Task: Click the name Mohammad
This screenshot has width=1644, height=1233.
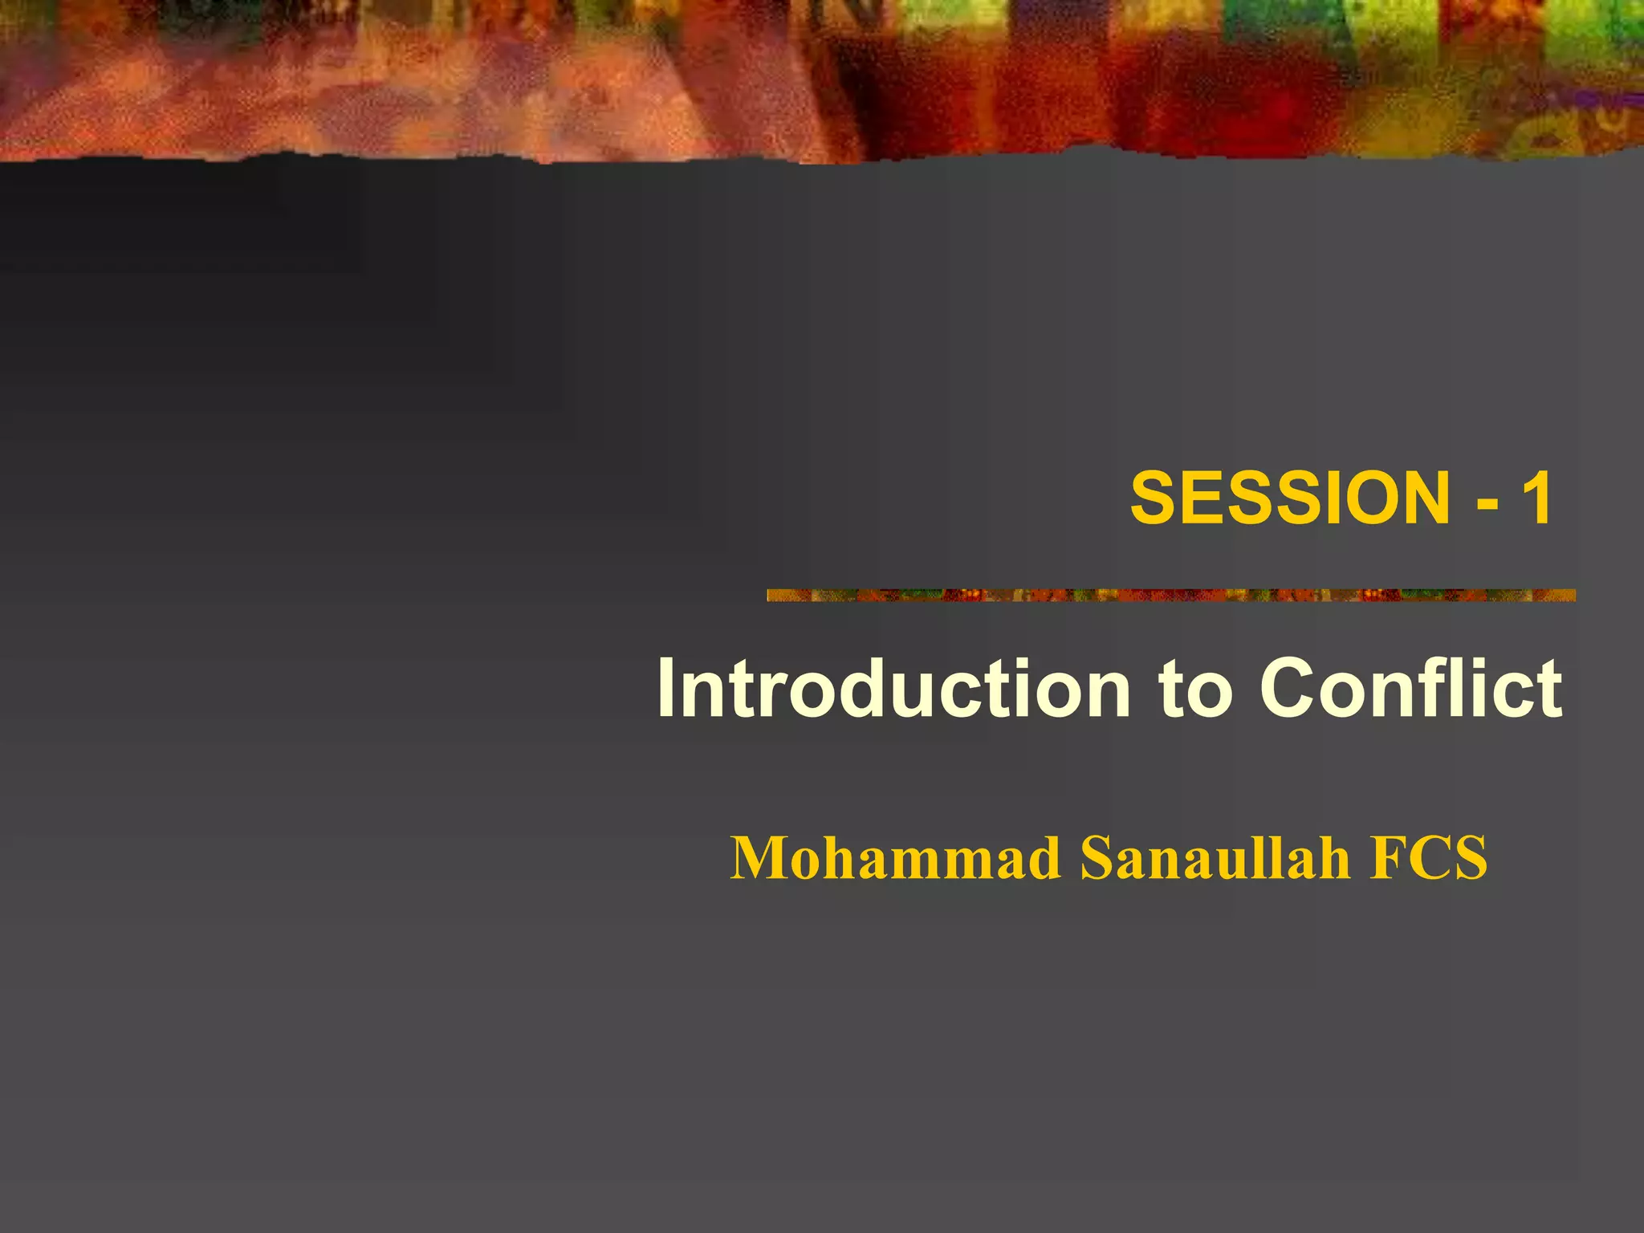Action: pyautogui.click(x=895, y=859)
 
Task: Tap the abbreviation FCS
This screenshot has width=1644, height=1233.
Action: pyautogui.click(x=1428, y=859)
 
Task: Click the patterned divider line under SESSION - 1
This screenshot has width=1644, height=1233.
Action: pyautogui.click(x=1170, y=595)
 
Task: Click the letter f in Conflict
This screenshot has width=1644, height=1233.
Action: pyautogui.click(x=1457, y=689)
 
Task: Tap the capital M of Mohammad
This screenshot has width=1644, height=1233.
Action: pyautogui.click(x=759, y=859)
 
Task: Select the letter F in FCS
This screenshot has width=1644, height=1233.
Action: pyautogui.click(x=1388, y=859)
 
